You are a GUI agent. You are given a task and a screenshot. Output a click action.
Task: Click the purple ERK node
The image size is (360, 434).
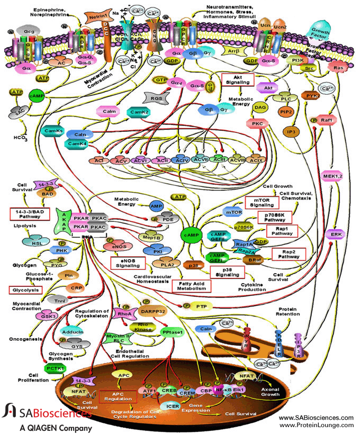[x=334, y=233]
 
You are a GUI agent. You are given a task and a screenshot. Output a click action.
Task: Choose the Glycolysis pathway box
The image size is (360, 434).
[x=25, y=290]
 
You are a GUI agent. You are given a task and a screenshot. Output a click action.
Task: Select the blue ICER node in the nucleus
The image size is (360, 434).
[x=173, y=406]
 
